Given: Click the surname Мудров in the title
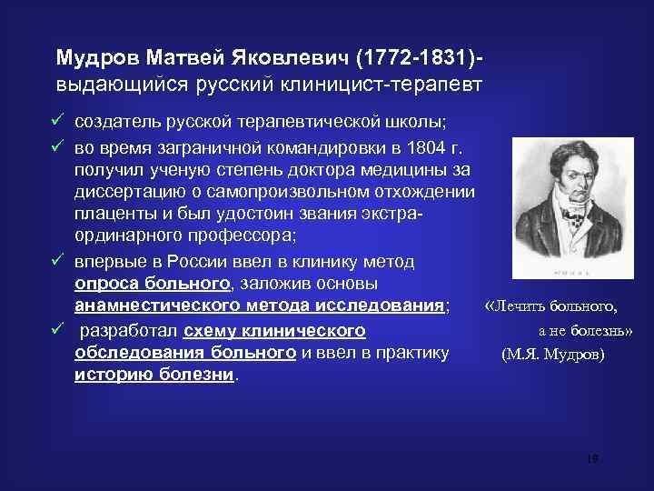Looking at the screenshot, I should [x=95, y=58].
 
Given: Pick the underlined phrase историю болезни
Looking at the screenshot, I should [x=154, y=375].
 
